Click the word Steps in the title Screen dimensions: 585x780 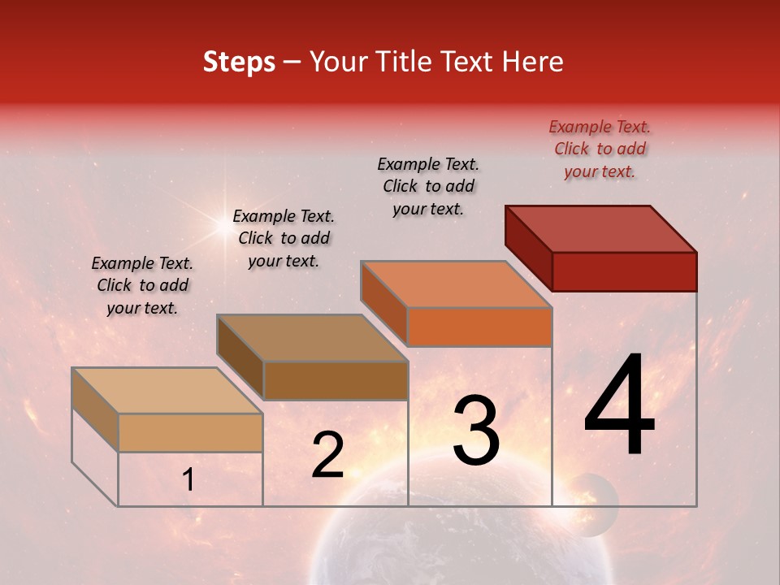tap(239, 62)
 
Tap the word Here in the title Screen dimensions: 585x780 tap(532, 62)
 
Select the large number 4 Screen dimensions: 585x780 tap(619, 409)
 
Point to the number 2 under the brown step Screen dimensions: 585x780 tap(327, 455)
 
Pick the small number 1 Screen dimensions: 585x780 tap(188, 480)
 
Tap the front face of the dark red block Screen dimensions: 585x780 tap(624, 271)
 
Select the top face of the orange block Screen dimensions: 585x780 tap(457, 284)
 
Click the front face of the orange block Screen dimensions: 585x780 tap(479, 327)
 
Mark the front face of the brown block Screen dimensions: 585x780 tap(336, 380)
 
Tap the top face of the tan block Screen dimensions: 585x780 tap(167, 391)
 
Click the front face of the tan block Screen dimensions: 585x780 tap(190, 432)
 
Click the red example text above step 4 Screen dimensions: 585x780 tap(600, 149)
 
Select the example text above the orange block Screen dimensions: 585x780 tap(428, 186)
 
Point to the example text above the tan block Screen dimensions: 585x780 tap(142, 285)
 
